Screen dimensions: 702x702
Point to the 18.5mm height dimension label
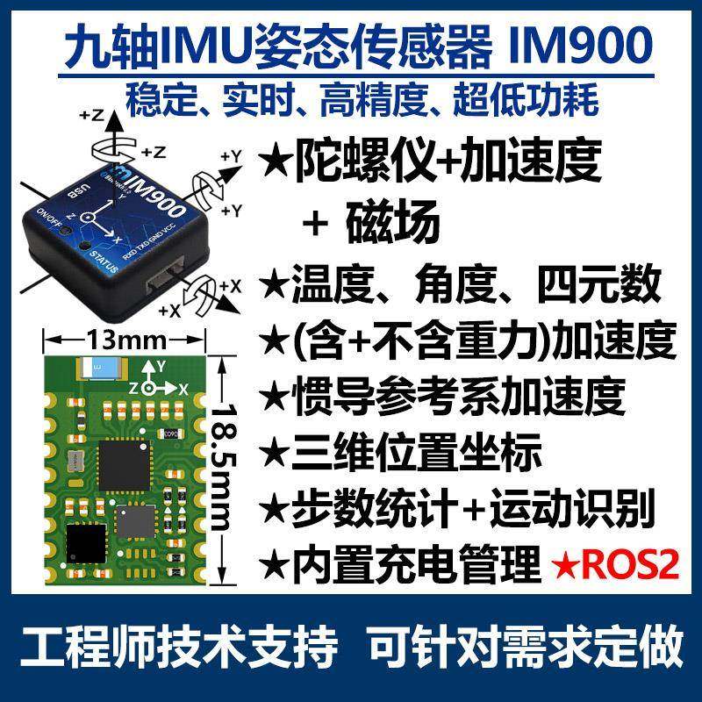click(226, 464)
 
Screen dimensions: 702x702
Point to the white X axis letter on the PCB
click(183, 387)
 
